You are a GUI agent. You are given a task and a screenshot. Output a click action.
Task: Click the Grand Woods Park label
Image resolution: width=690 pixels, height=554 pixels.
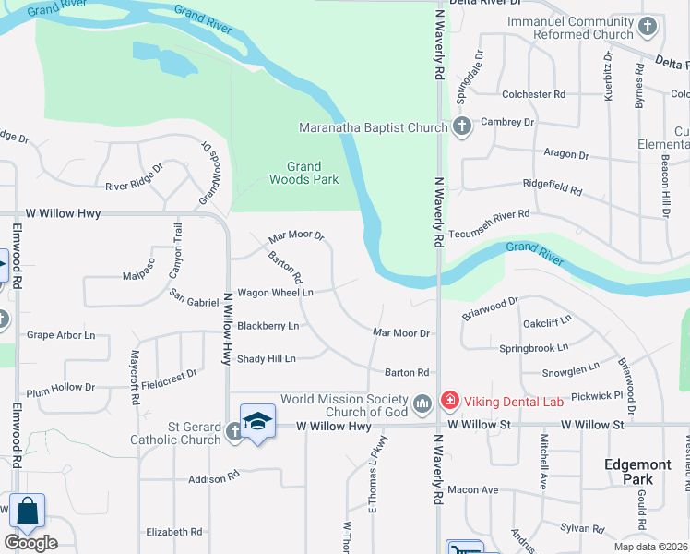click(303, 173)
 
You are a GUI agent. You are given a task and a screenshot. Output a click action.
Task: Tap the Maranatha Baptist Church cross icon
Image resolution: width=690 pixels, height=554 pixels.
click(462, 127)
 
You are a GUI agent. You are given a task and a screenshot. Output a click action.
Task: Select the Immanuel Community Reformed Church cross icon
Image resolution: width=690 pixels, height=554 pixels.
click(648, 27)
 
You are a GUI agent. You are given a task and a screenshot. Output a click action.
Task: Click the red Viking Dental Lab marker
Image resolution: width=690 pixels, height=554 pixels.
click(449, 400)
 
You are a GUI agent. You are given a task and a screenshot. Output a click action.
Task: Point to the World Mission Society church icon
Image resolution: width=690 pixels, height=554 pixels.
click(422, 403)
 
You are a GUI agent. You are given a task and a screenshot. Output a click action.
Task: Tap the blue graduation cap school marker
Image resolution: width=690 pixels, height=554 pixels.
click(258, 421)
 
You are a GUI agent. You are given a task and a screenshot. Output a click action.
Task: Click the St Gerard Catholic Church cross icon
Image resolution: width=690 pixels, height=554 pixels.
click(234, 428)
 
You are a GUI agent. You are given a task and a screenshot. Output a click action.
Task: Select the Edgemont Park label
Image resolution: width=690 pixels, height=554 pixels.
click(628, 472)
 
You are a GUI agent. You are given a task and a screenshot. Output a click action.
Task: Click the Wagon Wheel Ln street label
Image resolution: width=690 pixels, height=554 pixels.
click(276, 293)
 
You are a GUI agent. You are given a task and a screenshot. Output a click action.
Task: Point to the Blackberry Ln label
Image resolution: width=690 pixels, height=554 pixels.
click(268, 326)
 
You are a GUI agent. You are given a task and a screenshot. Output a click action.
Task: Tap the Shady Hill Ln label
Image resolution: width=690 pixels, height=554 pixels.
click(266, 358)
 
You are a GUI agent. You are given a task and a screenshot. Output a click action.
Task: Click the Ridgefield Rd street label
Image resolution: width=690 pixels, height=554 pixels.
click(553, 190)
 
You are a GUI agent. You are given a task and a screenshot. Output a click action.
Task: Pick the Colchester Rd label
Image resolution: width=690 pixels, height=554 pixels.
click(533, 94)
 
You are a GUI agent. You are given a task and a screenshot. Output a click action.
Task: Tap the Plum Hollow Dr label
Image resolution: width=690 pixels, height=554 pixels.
click(60, 388)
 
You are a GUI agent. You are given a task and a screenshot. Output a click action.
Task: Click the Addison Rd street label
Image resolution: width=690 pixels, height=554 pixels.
click(213, 479)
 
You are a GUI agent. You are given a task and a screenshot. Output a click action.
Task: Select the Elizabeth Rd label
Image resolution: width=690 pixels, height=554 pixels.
click(173, 532)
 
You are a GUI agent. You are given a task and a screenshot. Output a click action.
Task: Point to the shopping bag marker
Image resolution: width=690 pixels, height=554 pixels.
click(27, 512)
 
